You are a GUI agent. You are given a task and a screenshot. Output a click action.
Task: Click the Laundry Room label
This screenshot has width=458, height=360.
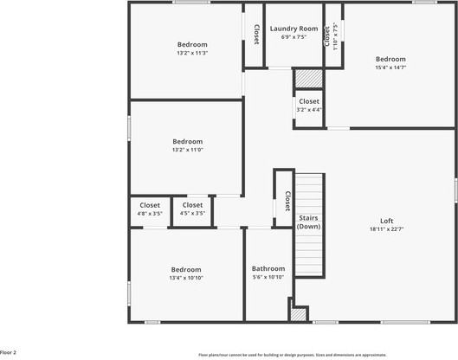pyautogui.click(x=294, y=29)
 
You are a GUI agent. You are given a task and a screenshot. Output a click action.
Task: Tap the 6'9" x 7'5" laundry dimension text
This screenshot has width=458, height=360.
pyautogui.click(x=294, y=37)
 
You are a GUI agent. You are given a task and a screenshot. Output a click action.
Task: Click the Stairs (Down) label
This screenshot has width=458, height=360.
pyautogui.click(x=309, y=222)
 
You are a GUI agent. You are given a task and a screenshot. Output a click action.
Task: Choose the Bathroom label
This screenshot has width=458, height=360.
pyautogui.click(x=268, y=268)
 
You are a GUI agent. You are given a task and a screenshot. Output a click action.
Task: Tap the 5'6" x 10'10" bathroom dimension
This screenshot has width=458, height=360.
pyautogui.click(x=268, y=278)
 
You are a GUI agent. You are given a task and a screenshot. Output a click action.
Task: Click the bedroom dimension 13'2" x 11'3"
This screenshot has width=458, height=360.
pyautogui.click(x=192, y=53)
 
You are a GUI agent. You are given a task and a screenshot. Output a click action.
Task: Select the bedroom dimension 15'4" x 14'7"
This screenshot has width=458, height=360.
pyautogui.click(x=390, y=67)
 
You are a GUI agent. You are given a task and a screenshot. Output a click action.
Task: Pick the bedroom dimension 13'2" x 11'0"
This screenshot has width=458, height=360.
pyautogui.click(x=187, y=150)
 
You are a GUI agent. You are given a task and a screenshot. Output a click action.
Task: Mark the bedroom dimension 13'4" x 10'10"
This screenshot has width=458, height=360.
pyautogui.click(x=185, y=278)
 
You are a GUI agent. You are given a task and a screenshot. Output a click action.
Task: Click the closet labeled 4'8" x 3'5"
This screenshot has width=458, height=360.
pyautogui.click(x=150, y=213)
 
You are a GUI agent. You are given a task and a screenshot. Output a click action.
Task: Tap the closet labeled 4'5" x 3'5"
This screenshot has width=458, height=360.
pyautogui.click(x=192, y=213)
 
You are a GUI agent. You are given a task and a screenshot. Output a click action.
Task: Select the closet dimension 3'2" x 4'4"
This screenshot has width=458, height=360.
pyautogui.click(x=308, y=110)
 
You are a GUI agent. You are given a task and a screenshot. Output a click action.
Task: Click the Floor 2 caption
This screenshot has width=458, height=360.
pyautogui.click(x=8, y=353)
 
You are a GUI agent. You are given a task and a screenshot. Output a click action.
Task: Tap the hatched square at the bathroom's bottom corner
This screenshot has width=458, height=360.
pyautogui.click(x=299, y=315)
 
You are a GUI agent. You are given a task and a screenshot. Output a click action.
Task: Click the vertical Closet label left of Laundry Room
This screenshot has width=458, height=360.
pyautogui.click(x=256, y=33)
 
